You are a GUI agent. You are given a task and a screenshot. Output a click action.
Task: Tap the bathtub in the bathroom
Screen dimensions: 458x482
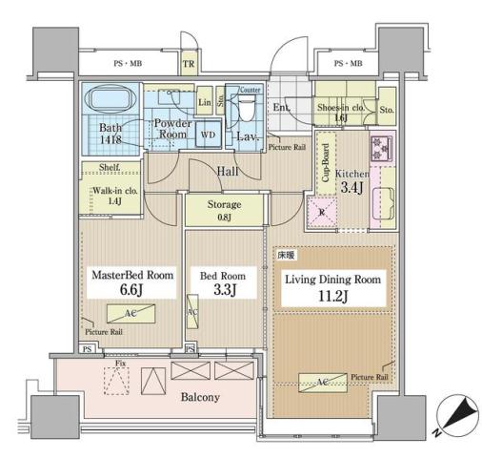[107, 100]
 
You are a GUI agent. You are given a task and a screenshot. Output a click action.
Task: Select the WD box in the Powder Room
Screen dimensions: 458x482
[207, 135]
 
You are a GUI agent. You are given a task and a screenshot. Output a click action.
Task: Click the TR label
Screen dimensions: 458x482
[189, 64]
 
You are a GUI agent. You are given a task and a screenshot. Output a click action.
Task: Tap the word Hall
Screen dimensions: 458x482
[227, 171]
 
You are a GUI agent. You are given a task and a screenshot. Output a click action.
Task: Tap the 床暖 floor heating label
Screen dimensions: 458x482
[286, 256]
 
